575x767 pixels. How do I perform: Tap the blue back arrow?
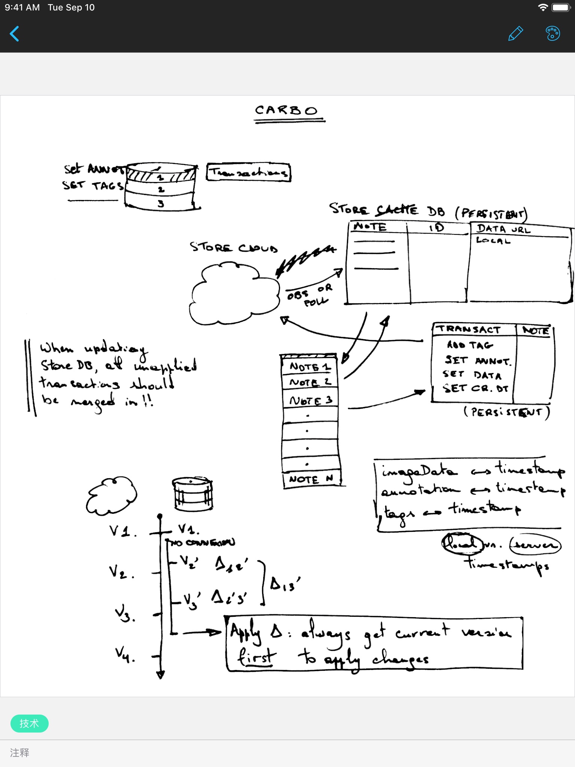click(x=15, y=34)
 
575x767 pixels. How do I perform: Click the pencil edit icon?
click(x=515, y=33)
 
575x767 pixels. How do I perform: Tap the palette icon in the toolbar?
click(x=553, y=33)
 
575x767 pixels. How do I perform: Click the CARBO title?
click(x=286, y=110)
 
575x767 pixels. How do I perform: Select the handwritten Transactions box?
click(x=249, y=172)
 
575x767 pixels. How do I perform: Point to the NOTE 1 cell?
click(x=310, y=367)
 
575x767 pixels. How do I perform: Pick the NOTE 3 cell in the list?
click(x=310, y=400)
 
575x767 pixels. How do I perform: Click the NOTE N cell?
click(x=311, y=479)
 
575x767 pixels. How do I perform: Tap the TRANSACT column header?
click(x=470, y=330)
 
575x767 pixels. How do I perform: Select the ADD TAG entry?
click(x=470, y=345)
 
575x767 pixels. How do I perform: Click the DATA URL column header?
click(x=503, y=229)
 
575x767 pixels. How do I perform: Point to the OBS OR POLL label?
click(x=309, y=295)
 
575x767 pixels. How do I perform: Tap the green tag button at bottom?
click(x=29, y=723)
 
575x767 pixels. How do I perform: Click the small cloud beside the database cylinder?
click(x=112, y=494)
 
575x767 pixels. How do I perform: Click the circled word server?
click(x=535, y=545)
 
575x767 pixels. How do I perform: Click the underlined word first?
click(x=256, y=658)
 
